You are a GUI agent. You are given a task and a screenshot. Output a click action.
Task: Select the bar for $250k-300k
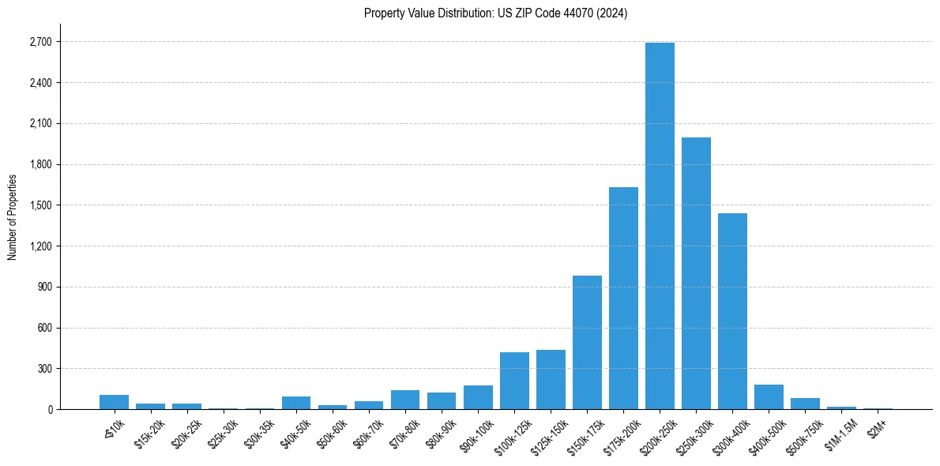point(696,273)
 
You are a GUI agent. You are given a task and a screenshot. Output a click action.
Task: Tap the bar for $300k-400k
point(732,311)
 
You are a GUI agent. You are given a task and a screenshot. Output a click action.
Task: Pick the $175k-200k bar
point(623,299)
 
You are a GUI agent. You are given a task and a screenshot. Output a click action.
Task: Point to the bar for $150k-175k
point(587,343)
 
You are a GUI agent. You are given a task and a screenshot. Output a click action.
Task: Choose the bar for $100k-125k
point(514,381)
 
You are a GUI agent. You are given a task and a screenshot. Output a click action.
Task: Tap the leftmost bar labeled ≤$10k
point(115,402)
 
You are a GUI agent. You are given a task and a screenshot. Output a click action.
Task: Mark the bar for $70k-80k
point(405,400)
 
